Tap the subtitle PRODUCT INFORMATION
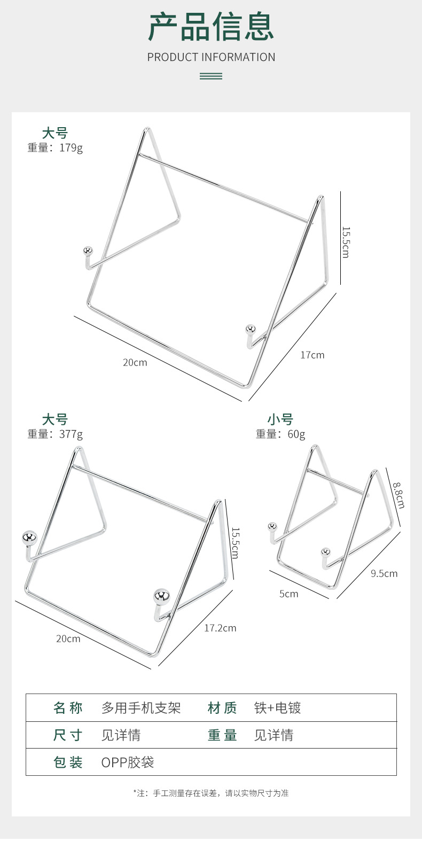click(x=211, y=57)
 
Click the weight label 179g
click(x=71, y=148)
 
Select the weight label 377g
click(x=71, y=434)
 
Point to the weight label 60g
click(x=296, y=434)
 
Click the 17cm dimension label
click(x=312, y=355)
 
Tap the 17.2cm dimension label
click(x=221, y=628)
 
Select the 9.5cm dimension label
click(x=384, y=573)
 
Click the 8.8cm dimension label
click(x=398, y=495)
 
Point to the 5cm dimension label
click(x=288, y=594)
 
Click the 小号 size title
click(x=280, y=419)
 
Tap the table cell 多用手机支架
click(x=141, y=708)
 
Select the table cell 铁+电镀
click(x=277, y=708)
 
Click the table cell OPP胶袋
click(x=128, y=762)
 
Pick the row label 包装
click(x=68, y=762)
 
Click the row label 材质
click(x=222, y=708)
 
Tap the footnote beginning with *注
click(x=211, y=793)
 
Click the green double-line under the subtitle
click(x=211, y=76)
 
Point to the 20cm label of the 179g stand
click(x=135, y=363)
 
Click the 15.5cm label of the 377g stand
click(x=235, y=543)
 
